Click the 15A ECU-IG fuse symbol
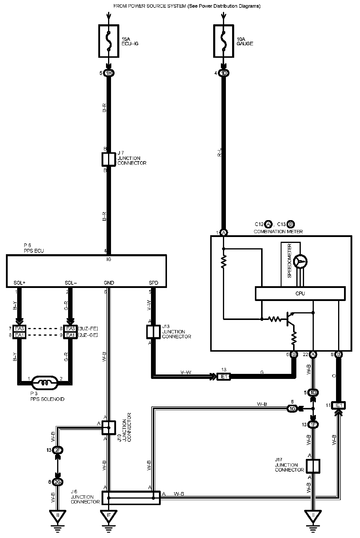109,41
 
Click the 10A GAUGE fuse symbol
224,41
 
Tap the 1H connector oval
109,73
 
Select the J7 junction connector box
109,159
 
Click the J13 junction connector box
153,332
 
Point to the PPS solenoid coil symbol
45,382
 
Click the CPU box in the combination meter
300,294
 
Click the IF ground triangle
109,516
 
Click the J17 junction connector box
313,466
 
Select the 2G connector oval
58,482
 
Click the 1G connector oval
292,409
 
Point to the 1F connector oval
313,425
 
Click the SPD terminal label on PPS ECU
153,283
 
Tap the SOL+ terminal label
20,283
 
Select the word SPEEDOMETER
290,261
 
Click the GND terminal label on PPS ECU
109,283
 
